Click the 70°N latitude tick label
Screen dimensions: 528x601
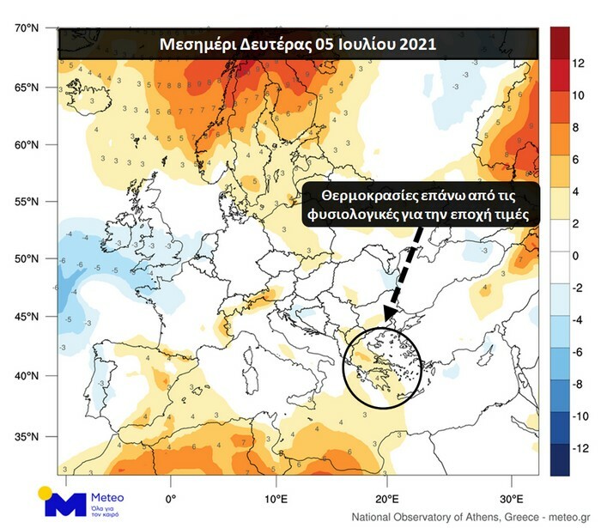pyautogui.click(x=26, y=29)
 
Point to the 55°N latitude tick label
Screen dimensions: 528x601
pyautogui.click(x=26, y=202)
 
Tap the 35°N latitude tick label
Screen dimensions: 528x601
pyautogui.click(x=26, y=437)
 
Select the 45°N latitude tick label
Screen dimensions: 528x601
pyautogui.click(x=26, y=317)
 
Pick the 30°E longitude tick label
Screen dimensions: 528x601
pyautogui.click(x=512, y=498)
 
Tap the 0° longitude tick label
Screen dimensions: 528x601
pyautogui.click(x=170, y=498)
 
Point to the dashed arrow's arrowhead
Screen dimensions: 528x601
pyautogui.click(x=388, y=319)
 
